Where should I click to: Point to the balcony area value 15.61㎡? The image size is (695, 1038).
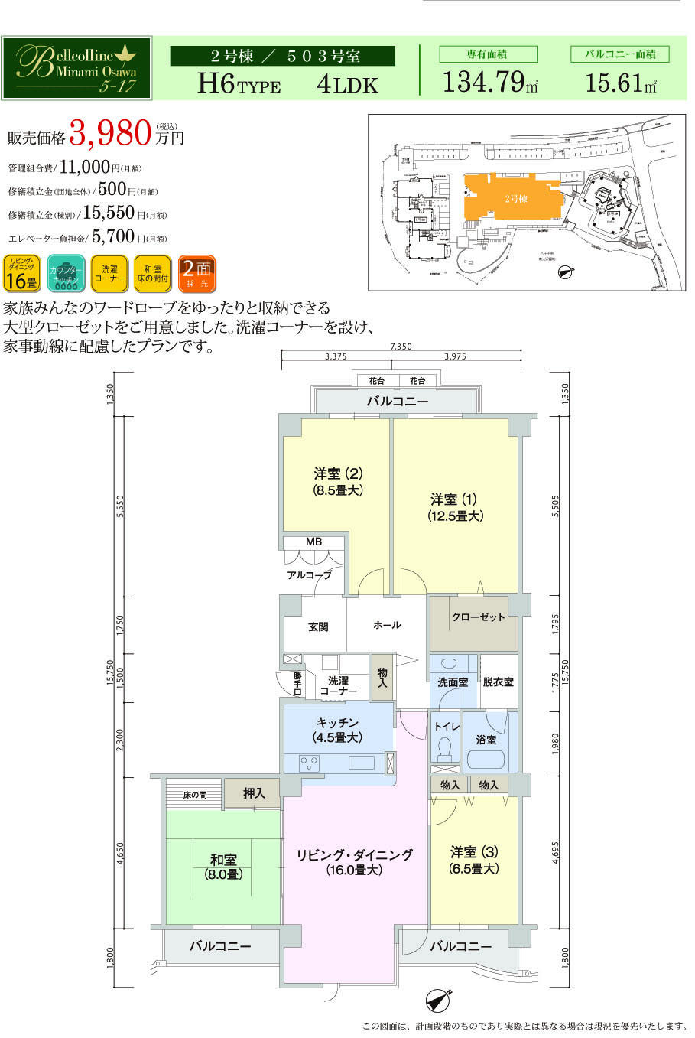(620, 82)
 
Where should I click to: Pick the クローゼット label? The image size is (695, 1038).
(478, 617)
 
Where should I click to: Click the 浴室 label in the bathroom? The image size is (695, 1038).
(486, 740)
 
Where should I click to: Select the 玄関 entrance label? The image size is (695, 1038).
(318, 626)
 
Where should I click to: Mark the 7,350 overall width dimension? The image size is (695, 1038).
(401, 347)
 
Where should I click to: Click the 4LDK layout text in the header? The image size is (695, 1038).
(347, 84)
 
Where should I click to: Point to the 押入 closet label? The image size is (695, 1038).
(254, 794)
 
